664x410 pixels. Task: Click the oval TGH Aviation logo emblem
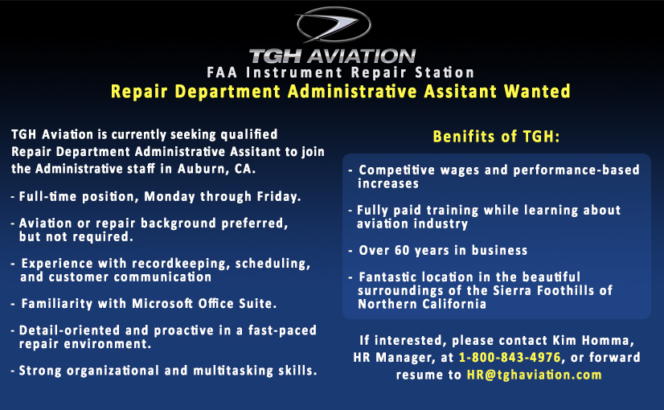click(334, 25)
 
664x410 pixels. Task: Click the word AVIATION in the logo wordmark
click(362, 56)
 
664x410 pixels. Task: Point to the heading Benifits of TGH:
click(496, 137)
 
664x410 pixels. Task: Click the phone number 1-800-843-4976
click(510, 358)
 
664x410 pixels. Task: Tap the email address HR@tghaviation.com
click(534, 375)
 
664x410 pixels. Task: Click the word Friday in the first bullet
click(277, 196)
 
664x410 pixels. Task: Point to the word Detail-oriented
click(70, 330)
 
